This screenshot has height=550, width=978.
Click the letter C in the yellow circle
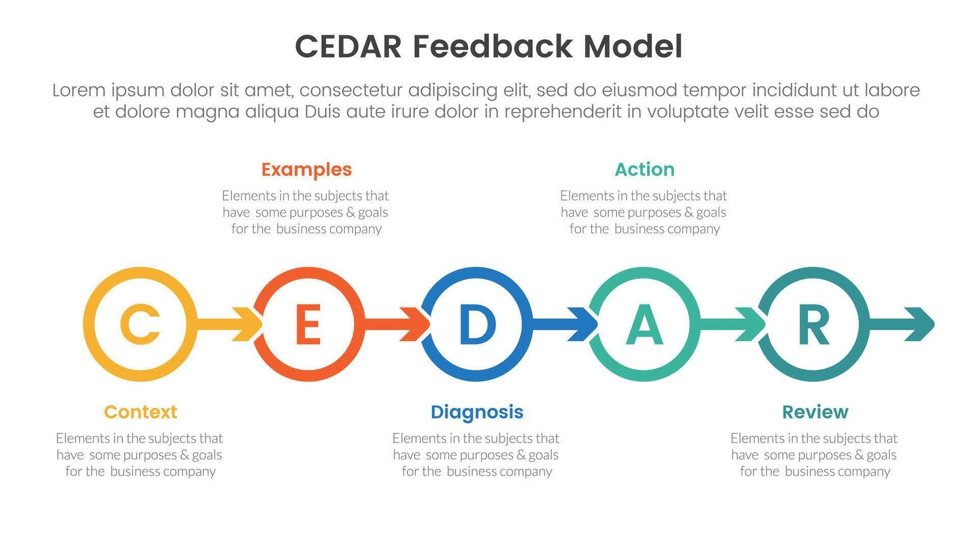(x=140, y=324)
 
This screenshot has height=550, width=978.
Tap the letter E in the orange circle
(x=308, y=324)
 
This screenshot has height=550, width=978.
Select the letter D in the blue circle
(x=477, y=324)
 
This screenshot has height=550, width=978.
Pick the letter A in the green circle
(x=645, y=324)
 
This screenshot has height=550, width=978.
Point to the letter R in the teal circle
(x=814, y=324)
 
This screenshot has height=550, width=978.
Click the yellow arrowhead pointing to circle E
(x=248, y=324)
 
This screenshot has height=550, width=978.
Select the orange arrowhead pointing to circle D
(x=415, y=324)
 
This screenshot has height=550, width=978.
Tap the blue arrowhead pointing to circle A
(x=583, y=324)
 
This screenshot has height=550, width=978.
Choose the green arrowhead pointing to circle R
(x=751, y=324)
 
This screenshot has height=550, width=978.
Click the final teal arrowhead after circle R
(x=920, y=324)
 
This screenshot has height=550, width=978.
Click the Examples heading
(x=307, y=169)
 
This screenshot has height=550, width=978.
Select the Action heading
(x=645, y=169)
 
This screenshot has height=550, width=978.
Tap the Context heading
(x=140, y=412)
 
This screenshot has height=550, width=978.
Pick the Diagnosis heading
(x=477, y=412)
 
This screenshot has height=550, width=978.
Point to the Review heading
(x=815, y=412)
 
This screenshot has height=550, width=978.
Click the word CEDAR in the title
(x=349, y=47)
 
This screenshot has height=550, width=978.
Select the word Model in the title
(x=633, y=47)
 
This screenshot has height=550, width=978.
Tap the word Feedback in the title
(x=493, y=47)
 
